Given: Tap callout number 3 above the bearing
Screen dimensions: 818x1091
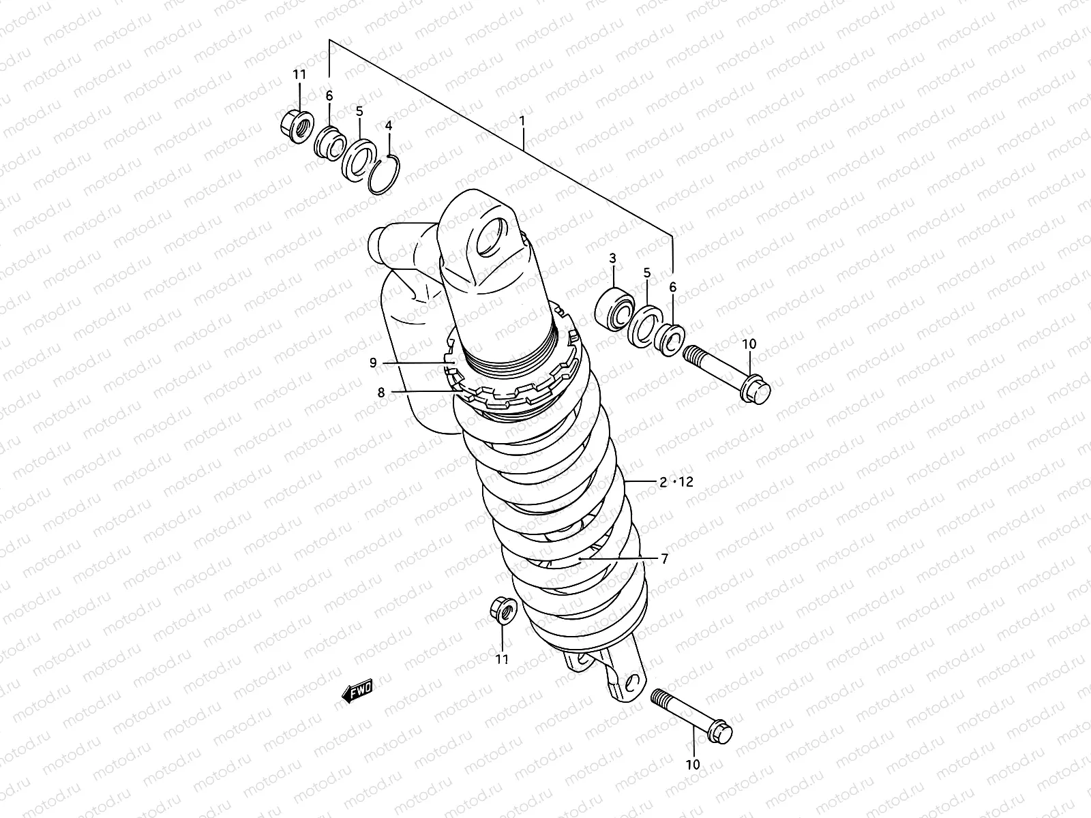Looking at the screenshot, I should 612,258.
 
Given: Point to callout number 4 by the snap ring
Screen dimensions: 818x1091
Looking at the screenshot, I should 389,125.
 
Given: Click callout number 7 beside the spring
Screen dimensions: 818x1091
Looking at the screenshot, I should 665,559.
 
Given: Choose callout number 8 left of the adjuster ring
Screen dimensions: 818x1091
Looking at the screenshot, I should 381,392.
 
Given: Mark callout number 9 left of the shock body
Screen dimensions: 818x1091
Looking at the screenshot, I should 373,363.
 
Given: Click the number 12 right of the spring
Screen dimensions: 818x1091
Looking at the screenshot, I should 685,482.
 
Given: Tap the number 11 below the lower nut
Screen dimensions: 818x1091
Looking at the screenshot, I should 502,659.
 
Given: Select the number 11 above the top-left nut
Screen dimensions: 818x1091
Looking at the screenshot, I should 300,75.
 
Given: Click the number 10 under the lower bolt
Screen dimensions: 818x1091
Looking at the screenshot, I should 693,765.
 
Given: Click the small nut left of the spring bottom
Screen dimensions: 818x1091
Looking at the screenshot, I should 502,611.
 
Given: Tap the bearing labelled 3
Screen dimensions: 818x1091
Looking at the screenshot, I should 614,308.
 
